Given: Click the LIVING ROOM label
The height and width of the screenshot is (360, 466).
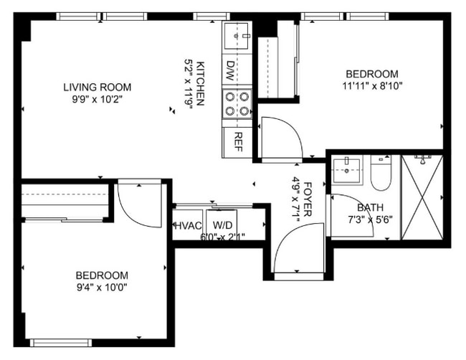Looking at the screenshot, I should click(x=97, y=87).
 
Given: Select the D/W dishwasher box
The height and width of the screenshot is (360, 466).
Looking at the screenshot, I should click(x=231, y=70).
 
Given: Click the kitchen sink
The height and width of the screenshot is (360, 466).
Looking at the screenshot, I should click(x=237, y=34).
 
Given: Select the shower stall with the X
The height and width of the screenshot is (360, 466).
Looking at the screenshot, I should click(x=421, y=197).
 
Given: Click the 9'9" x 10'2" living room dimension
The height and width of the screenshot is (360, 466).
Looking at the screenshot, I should click(x=97, y=100).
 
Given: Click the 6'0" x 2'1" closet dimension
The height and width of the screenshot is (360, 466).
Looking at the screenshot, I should click(x=222, y=237).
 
